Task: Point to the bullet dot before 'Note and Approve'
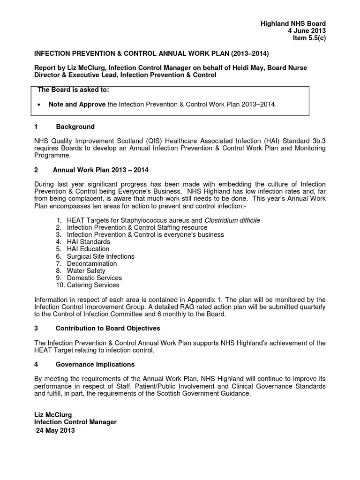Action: coord(40,105)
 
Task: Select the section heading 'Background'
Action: coord(75,127)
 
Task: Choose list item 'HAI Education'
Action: coord(88,249)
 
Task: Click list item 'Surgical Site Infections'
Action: coord(100,256)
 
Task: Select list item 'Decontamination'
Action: coord(92,263)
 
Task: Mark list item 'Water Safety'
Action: coord(86,270)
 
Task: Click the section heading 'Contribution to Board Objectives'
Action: coord(108,328)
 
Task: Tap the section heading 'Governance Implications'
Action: coord(95,364)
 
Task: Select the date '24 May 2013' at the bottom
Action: coord(55,430)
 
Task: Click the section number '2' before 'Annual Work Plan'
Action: coord(36,170)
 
